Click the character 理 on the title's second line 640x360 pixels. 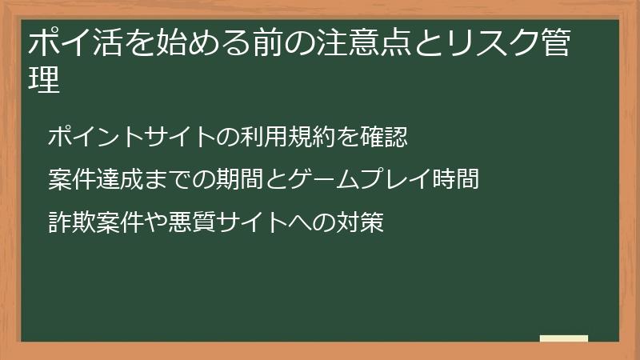[44, 81]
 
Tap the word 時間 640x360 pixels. [455, 180]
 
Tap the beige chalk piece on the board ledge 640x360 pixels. [563, 338]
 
